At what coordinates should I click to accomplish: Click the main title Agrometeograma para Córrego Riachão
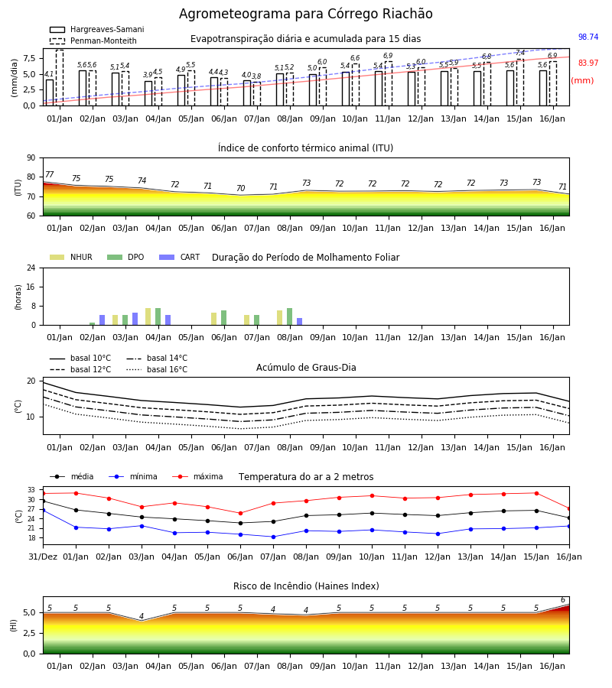(x=305, y=14)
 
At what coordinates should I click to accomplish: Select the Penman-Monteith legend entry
(x=93, y=41)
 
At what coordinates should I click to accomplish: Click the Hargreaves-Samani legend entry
(x=96, y=29)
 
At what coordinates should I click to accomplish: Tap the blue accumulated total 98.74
(x=588, y=37)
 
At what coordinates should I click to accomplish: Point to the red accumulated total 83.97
(x=588, y=63)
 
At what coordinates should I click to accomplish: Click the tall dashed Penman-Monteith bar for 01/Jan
(x=60, y=78)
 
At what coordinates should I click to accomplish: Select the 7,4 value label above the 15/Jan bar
(x=520, y=53)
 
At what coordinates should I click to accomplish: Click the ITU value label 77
(x=49, y=174)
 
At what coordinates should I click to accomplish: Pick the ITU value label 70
(x=240, y=188)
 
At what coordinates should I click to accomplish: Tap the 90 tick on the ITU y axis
(x=31, y=158)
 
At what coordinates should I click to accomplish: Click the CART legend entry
(x=180, y=257)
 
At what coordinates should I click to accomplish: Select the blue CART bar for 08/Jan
(x=299, y=322)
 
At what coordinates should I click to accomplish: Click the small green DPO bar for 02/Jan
(x=93, y=324)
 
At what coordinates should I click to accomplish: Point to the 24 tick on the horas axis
(x=31, y=268)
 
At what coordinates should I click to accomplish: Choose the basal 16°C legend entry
(x=157, y=369)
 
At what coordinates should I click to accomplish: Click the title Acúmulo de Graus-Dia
(x=306, y=368)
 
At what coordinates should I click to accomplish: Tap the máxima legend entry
(x=197, y=476)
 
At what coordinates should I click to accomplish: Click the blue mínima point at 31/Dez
(x=43, y=511)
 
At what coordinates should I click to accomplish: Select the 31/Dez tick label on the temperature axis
(x=43, y=557)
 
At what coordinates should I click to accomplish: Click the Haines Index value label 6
(x=563, y=600)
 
